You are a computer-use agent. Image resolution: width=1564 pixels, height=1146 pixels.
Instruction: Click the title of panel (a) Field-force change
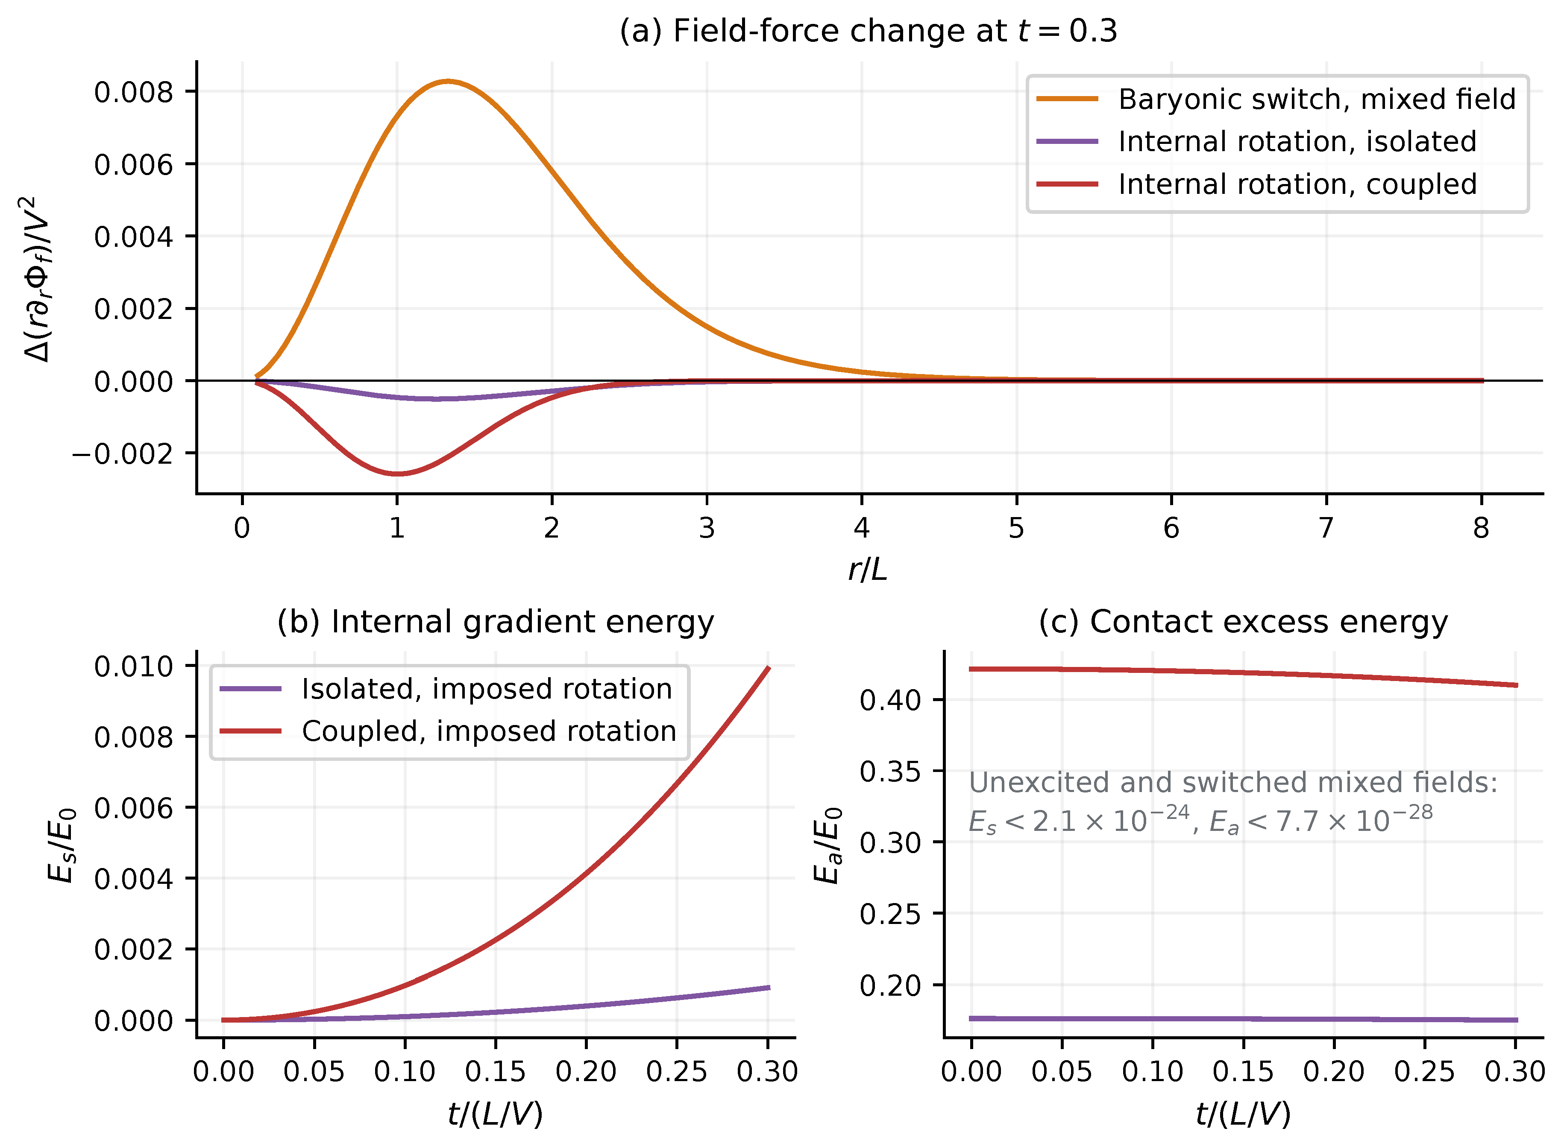click(868, 31)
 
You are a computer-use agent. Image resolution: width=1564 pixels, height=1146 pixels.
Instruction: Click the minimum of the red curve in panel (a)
click(397, 474)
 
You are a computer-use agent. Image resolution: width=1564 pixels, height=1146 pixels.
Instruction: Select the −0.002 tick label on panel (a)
click(122, 454)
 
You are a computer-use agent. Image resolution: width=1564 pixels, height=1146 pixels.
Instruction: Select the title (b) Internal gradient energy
click(496, 622)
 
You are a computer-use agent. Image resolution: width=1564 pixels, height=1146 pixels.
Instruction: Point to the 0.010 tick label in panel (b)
click(133, 667)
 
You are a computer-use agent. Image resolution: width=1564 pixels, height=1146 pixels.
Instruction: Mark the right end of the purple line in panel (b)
click(769, 987)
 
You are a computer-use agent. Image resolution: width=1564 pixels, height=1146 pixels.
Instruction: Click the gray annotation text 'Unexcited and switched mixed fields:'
click(1233, 783)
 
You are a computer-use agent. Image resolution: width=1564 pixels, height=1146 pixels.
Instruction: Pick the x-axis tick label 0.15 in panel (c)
click(1243, 1072)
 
